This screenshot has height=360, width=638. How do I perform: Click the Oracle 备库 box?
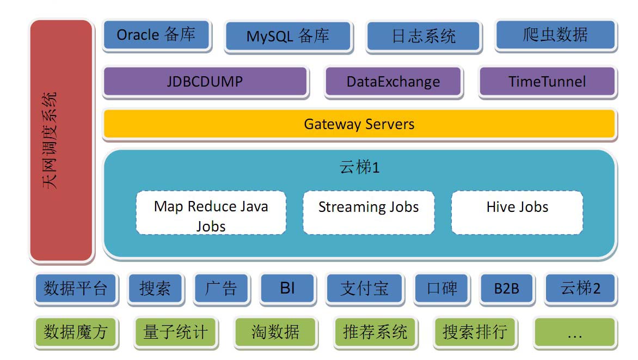[x=156, y=35]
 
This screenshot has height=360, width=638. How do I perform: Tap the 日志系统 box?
[x=424, y=36]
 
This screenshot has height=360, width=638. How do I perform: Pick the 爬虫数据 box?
[x=556, y=35]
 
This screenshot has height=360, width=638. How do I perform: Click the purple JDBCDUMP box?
[x=205, y=82]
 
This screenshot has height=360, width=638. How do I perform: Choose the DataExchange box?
[x=393, y=82]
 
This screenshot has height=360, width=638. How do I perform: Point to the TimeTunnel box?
[x=547, y=82]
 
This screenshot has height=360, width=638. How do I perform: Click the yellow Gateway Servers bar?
[x=359, y=124]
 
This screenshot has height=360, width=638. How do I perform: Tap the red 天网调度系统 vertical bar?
[x=61, y=140]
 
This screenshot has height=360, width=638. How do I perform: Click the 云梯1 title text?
[x=359, y=167]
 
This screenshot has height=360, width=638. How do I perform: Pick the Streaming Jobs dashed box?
[x=368, y=212]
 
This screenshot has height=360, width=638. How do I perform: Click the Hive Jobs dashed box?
[x=517, y=212]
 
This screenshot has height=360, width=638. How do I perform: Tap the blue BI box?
[x=287, y=288]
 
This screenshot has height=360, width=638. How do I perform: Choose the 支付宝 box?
[x=364, y=288]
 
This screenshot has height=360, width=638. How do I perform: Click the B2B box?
[x=506, y=288]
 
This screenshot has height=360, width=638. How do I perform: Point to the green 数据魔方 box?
[x=76, y=332]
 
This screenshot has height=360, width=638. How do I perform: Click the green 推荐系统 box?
[x=375, y=332]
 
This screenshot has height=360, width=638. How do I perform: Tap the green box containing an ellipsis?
[x=574, y=332]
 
